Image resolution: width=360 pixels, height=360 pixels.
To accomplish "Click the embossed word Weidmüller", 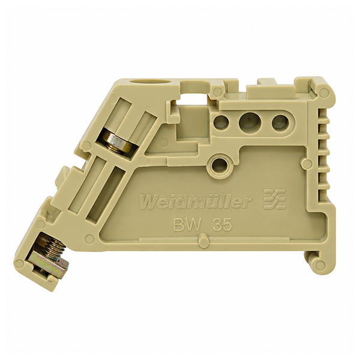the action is coord(196,202).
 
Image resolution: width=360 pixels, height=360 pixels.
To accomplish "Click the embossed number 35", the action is coord(222,225).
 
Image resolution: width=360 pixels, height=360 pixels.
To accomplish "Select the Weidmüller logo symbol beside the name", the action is coord(275,199).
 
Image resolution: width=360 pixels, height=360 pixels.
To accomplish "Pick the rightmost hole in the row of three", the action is coord(280,122).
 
